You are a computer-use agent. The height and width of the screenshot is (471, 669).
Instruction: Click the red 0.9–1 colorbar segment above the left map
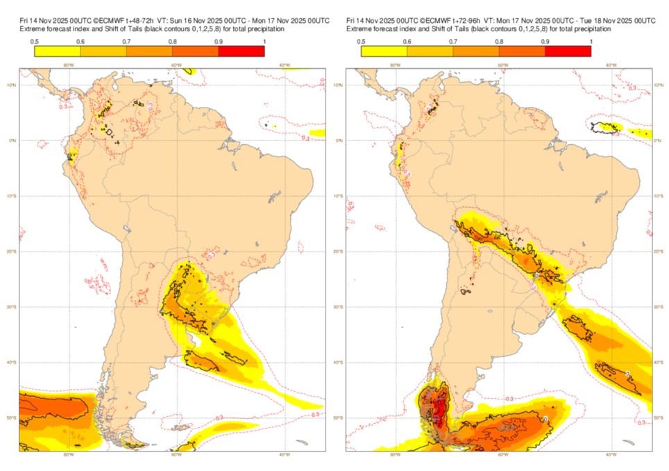(241, 51)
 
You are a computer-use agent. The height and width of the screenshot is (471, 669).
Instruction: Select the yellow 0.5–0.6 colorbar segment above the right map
(384, 51)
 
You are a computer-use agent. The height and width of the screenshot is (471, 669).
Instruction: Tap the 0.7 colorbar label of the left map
(126, 42)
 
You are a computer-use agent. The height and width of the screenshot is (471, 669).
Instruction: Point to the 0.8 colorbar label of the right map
(498, 42)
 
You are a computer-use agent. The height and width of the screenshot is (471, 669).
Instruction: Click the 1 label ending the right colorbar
(590, 42)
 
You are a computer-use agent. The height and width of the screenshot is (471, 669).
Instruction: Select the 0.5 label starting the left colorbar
(34, 42)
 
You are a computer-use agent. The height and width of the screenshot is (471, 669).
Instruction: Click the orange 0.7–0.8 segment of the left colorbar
(149, 51)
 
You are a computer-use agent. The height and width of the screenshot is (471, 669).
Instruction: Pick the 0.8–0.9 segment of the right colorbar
(521, 51)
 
